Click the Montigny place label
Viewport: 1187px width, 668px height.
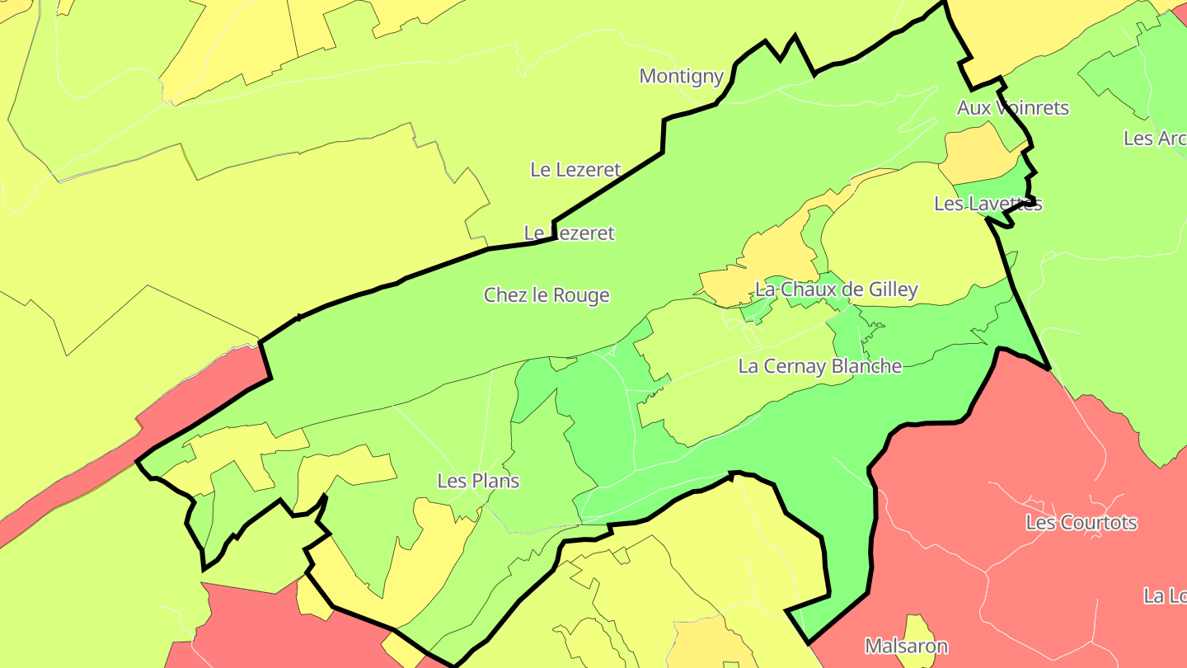click(x=681, y=77)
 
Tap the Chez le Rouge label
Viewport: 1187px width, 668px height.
click(x=547, y=295)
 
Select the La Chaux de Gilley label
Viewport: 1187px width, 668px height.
click(x=836, y=289)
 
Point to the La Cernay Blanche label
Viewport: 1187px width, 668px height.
click(x=819, y=366)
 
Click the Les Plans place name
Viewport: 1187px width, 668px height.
click(x=478, y=481)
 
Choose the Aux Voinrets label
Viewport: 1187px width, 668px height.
click(x=1012, y=108)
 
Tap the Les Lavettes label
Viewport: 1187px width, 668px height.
click(x=988, y=204)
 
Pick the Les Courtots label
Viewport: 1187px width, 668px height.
click(x=1081, y=523)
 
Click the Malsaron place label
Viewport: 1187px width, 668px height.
click(x=906, y=647)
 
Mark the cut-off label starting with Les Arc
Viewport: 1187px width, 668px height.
click(x=1154, y=139)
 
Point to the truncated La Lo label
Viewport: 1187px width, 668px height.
click(x=1164, y=595)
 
